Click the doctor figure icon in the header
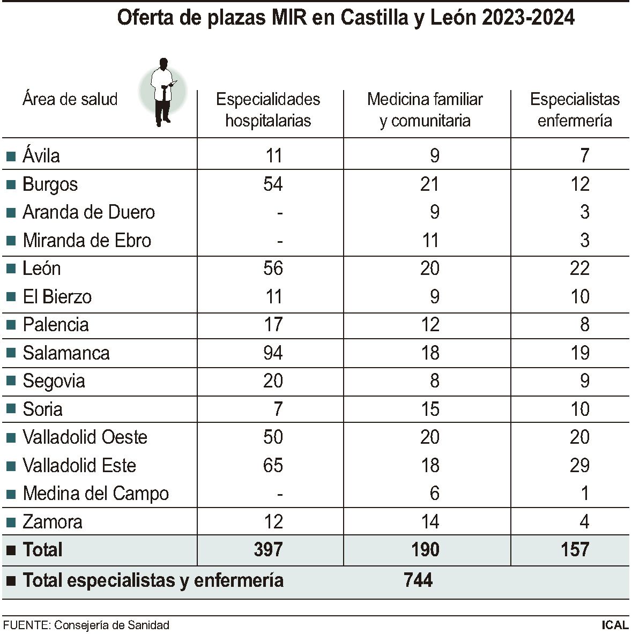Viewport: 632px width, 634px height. coord(163,92)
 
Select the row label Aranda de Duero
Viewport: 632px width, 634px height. coord(88,212)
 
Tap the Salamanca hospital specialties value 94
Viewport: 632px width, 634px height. coord(273,353)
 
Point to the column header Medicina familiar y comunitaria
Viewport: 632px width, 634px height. coord(425,110)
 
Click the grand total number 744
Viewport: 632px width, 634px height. coord(418,580)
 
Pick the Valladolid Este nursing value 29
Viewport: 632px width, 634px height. coord(579,465)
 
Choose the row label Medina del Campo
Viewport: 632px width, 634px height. coord(96,494)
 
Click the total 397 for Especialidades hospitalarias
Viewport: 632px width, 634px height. coord(268,549)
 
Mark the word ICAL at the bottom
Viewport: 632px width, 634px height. coord(615,625)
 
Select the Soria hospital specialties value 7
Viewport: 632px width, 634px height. coord(278,409)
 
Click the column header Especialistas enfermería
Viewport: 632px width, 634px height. coord(575,110)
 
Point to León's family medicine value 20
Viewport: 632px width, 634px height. coord(430,268)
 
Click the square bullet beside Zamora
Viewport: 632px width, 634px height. coord(11,522)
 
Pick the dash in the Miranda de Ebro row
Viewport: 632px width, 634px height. coord(280,241)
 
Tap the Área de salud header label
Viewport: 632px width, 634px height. coord(70,99)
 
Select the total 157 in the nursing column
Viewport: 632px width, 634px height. coord(575,549)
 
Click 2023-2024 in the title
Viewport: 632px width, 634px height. coord(529,18)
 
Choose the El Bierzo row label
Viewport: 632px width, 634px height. coord(57,296)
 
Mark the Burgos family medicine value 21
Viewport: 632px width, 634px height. coord(430,184)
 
